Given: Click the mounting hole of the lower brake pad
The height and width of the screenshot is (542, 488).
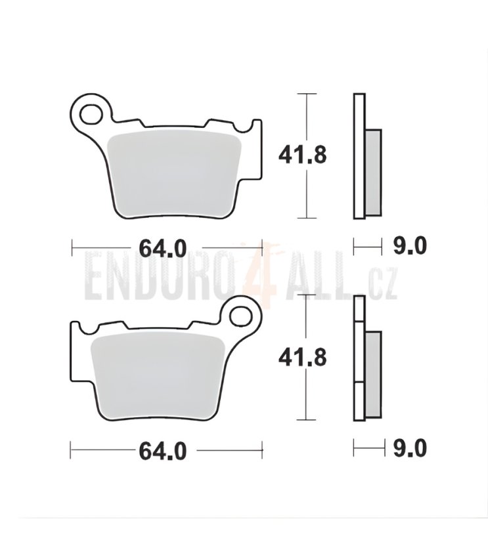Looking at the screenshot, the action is (241, 317).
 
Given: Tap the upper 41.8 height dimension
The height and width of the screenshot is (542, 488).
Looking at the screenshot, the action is (303, 156).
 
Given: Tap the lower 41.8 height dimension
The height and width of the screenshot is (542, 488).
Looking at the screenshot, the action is (303, 358).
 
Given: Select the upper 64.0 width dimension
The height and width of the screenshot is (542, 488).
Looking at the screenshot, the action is (163, 248).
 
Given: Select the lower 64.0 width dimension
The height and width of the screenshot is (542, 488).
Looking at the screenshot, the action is (163, 451).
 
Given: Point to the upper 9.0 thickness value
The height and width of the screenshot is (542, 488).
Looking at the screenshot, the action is (410, 246).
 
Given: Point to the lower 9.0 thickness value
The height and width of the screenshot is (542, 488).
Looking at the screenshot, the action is (410, 449).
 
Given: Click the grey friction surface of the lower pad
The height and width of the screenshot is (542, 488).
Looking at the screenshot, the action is (158, 377).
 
